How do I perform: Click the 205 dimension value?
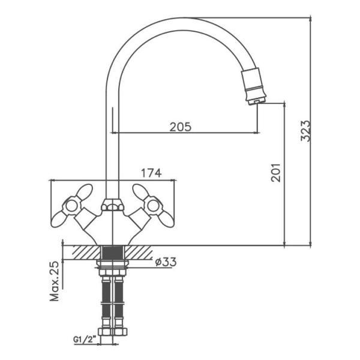[x=180, y=127]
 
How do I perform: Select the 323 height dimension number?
[x=305, y=130]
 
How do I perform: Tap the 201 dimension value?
[x=275, y=173]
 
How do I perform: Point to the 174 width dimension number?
[x=151, y=173]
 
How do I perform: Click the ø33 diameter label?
[x=166, y=262]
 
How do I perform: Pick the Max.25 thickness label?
[x=55, y=281]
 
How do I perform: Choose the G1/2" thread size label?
[x=85, y=339]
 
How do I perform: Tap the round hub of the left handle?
[x=71, y=206]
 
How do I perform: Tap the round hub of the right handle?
[x=154, y=206]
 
